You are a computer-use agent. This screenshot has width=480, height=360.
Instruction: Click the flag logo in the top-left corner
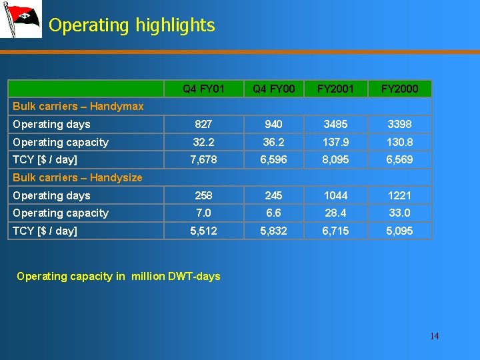point(20,19)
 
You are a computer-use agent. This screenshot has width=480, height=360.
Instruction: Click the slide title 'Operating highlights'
point(132,25)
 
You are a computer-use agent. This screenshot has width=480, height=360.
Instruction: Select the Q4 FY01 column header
point(203,89)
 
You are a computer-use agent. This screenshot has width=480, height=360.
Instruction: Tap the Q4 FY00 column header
point(273,89)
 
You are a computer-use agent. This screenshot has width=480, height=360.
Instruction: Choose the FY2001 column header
point(335,89)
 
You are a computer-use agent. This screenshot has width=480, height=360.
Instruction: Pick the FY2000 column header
point(401,89)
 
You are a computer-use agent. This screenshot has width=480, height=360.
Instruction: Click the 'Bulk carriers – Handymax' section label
point(78,107)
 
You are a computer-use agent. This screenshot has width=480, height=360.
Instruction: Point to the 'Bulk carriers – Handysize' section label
point(77,177)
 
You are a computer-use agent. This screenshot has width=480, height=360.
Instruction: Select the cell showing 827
point(203,125)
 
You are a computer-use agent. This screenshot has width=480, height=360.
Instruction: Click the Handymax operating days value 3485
point(335,125)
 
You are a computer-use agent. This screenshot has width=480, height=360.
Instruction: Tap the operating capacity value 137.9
point(335,142)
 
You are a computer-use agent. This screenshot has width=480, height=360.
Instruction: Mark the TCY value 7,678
point(203,160)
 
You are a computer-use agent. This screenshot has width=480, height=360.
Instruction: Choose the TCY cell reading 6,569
point(401,160)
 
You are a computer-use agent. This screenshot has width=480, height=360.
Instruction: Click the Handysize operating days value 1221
point(401,195)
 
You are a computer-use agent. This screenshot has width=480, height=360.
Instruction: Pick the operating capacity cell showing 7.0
point(203,213)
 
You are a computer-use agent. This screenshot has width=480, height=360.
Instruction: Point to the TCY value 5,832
point(273,231)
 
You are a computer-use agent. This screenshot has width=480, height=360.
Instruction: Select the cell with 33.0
point(401,213)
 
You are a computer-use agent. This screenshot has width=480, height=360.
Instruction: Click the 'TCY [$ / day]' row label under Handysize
point(45,231)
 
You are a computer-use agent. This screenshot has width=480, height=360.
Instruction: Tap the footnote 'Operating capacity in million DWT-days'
point(118,276)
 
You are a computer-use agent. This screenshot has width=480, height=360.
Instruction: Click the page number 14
point(434,336)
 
